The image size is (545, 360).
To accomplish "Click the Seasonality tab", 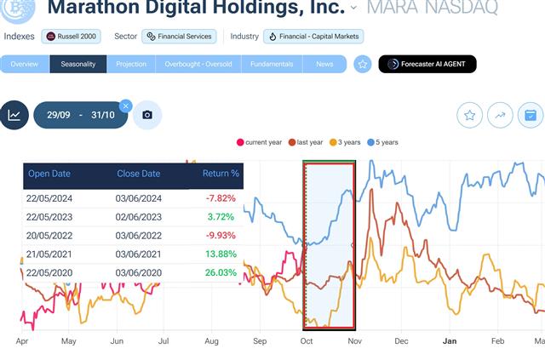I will [x=78, y=64].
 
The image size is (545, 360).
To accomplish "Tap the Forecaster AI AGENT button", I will [x=427, y=64].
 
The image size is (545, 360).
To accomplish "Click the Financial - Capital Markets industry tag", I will [x=314, y=37].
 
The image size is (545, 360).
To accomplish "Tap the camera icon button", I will [x=147, y=115].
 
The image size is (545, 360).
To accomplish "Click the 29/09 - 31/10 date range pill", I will [x=81, y=115].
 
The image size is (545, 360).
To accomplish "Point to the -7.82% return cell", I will [x=221, y=197].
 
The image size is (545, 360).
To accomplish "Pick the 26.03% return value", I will [x=221, y=272].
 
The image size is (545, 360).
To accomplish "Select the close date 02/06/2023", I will [x=138, y=216].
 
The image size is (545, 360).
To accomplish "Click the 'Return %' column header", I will [x=221, y=174].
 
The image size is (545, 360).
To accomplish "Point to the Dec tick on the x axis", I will [x=401, y=340].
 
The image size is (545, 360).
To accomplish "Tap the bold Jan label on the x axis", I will [x=450, y=340].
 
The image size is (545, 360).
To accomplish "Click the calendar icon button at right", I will [x=531, y=116].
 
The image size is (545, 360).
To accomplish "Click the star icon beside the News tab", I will [x=363, y=64].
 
